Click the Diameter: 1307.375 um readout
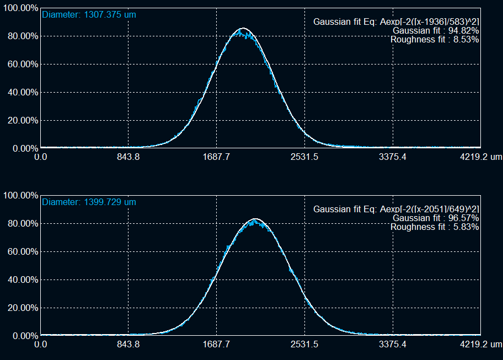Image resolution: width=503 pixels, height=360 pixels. pos(89,15)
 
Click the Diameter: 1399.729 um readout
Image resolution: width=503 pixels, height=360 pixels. pos(89,202)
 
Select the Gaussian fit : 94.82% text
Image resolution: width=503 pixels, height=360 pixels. pos(435,30)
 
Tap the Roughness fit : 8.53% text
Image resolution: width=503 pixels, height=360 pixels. pos(434,39)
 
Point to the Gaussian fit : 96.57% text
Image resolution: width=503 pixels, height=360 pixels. pos(435,218)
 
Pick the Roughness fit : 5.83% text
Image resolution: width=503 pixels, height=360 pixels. pos(434,227)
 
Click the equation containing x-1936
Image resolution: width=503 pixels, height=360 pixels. pos(396,22)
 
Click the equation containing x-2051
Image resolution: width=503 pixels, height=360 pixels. pos(396,209)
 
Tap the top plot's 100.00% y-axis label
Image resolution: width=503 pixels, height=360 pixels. pos(20,8)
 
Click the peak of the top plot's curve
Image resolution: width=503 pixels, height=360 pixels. pos(243,29)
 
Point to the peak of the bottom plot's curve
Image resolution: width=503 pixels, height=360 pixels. pos(255,219)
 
